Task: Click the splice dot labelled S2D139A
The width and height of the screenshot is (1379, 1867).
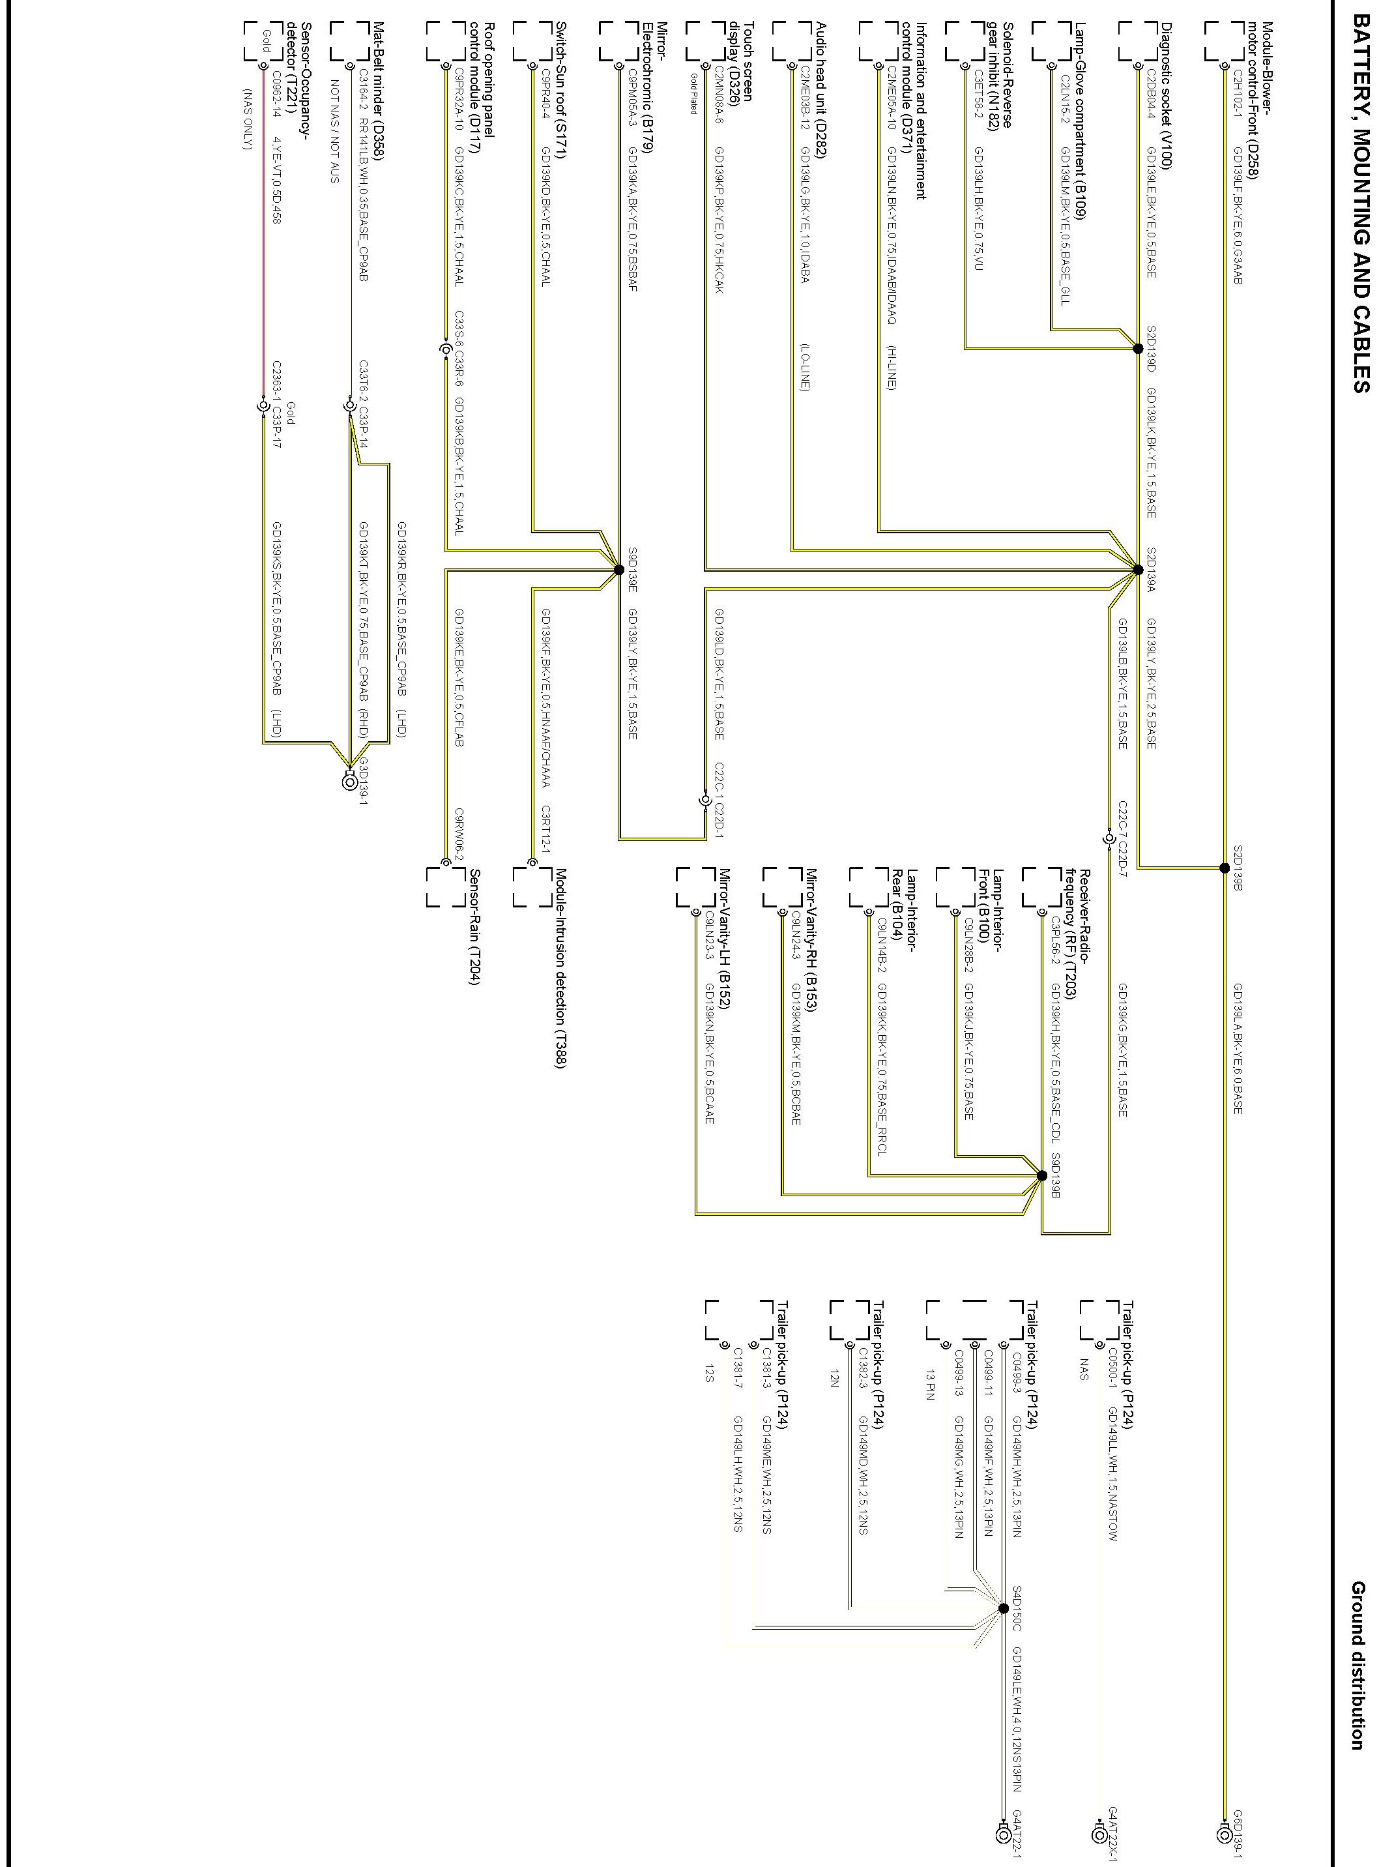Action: tap(1138, 570)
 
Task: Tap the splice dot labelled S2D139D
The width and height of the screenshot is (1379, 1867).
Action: tap(1138, 349)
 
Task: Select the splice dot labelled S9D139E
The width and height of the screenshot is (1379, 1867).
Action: tap(618, 570)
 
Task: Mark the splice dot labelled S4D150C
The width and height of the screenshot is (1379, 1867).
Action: tap(1002, 1609)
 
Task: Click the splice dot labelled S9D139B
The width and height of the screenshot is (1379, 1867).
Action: tap(1042, 1175)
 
